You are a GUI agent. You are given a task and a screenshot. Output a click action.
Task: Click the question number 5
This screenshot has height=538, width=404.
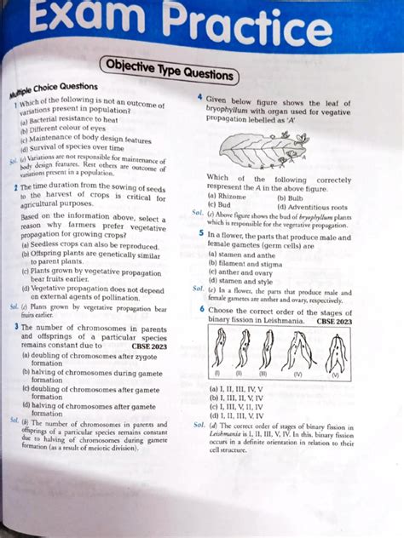(x=201, y=234)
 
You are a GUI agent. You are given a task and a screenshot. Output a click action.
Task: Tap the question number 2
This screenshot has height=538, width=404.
(x=16, y=186)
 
